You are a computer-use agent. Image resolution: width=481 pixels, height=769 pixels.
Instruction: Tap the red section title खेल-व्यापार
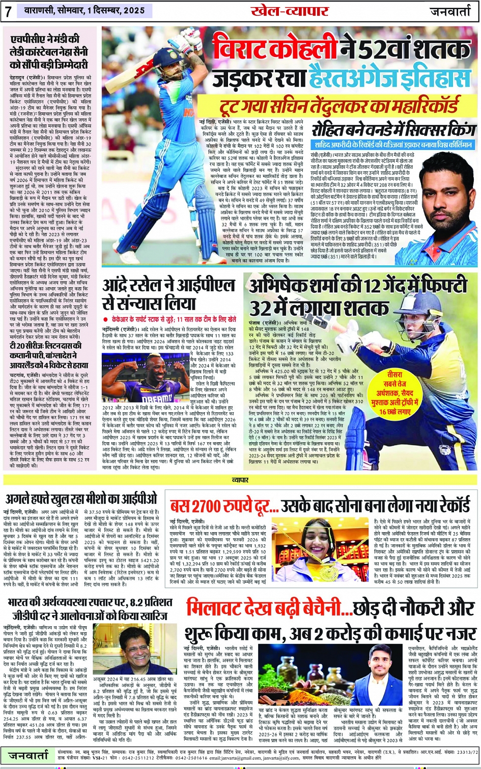290,11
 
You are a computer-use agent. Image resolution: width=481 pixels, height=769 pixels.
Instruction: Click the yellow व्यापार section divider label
240,479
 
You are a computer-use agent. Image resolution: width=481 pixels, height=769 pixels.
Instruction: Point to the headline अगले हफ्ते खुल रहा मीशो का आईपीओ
82,500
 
